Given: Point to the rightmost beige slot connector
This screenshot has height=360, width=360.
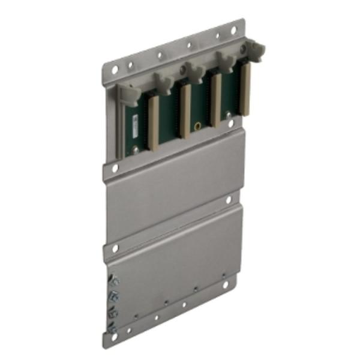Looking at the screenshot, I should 245,89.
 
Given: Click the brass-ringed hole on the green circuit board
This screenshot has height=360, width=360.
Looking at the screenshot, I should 197,127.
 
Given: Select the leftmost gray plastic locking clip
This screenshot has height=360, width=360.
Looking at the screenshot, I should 128,91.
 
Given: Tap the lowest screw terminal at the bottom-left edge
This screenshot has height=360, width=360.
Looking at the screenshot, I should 114,328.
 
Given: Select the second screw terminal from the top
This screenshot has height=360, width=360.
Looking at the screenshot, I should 114,296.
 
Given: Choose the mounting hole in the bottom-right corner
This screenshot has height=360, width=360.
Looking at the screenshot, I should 227,285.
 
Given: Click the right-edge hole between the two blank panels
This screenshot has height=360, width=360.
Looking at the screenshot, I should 229,200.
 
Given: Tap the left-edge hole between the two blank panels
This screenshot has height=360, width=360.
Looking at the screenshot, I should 114,247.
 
